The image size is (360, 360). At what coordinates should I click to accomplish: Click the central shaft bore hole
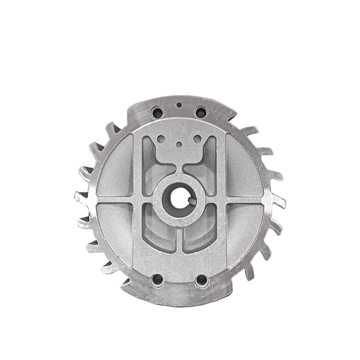(180, 199)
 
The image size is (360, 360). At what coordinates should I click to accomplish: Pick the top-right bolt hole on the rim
(200, 113)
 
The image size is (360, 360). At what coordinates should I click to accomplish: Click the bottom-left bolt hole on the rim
(157, 281)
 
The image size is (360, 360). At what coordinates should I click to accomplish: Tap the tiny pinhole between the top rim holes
(179, 106)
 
